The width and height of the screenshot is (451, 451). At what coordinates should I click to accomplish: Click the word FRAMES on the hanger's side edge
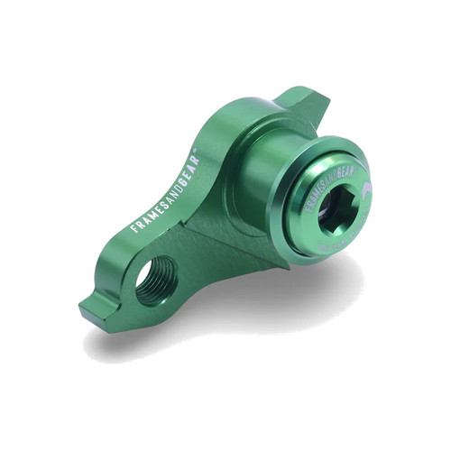tap(147, 209)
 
